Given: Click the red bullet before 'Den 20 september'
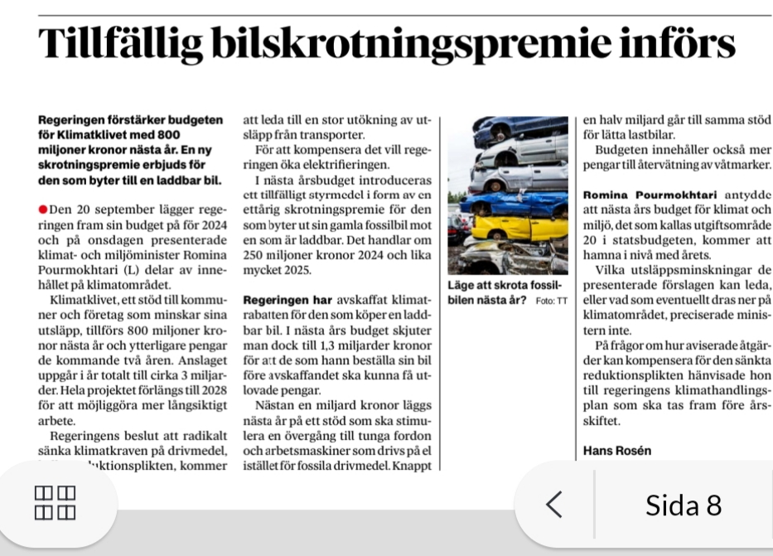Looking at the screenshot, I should pos(43,207).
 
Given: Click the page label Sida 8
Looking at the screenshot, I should pos(684,504).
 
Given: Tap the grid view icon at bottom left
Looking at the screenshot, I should pos(55,504).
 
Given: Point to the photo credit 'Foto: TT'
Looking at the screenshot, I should pos(551,299).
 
